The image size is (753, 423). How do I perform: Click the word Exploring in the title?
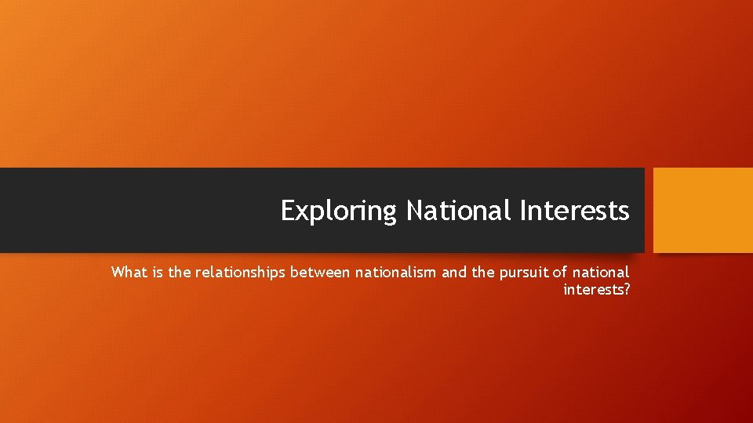pos(339,211)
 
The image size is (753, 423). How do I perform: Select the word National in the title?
pos(458,211)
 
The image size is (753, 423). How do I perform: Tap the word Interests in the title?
pos(573,211)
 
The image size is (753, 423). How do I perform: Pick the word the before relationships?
pos(180,273)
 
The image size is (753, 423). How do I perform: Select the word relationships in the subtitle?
pos(241,273)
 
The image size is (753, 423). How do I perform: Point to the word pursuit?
pos(525,273)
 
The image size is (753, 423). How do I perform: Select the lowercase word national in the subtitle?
pos(601,273)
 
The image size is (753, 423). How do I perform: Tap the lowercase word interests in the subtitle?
pos(592,290)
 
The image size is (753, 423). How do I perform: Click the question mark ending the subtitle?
pos(626,290)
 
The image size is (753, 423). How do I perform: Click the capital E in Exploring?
pos(288,211)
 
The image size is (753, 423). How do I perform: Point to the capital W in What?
pos(118,273)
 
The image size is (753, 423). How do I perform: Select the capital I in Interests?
pos(521,211)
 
